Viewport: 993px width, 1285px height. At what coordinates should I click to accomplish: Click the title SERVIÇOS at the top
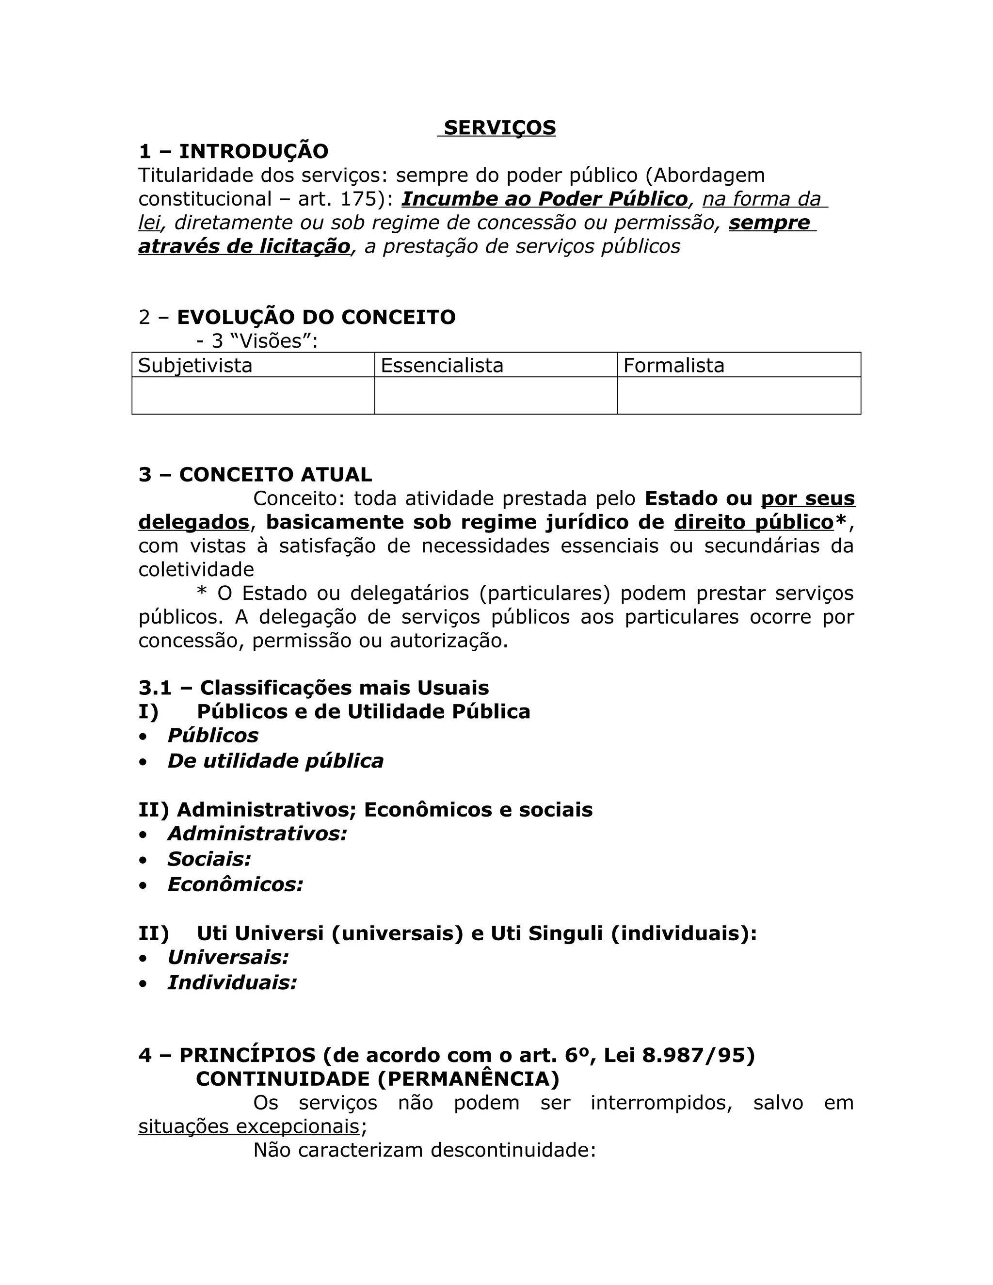tap(499, 128)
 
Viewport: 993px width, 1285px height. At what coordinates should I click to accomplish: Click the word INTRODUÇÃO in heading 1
tap(254, 151)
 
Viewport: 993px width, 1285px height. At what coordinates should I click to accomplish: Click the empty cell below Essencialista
tap(496, 395)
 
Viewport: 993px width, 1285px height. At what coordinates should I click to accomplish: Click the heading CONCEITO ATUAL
tap(275, 474)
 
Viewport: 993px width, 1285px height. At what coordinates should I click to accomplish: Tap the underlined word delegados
tap(193, 522)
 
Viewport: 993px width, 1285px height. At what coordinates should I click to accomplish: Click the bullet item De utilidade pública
tap(275, 761)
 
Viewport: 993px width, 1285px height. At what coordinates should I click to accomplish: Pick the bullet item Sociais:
tap(209, 859)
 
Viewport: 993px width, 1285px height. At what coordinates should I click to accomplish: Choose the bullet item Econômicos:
tap(235, 884)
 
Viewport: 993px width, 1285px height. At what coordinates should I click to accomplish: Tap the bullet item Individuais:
tap(232, 982)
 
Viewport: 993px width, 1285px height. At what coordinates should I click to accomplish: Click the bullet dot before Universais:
tap(143, 959)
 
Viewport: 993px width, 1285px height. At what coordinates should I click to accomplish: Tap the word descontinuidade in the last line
tap(513, 1150)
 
